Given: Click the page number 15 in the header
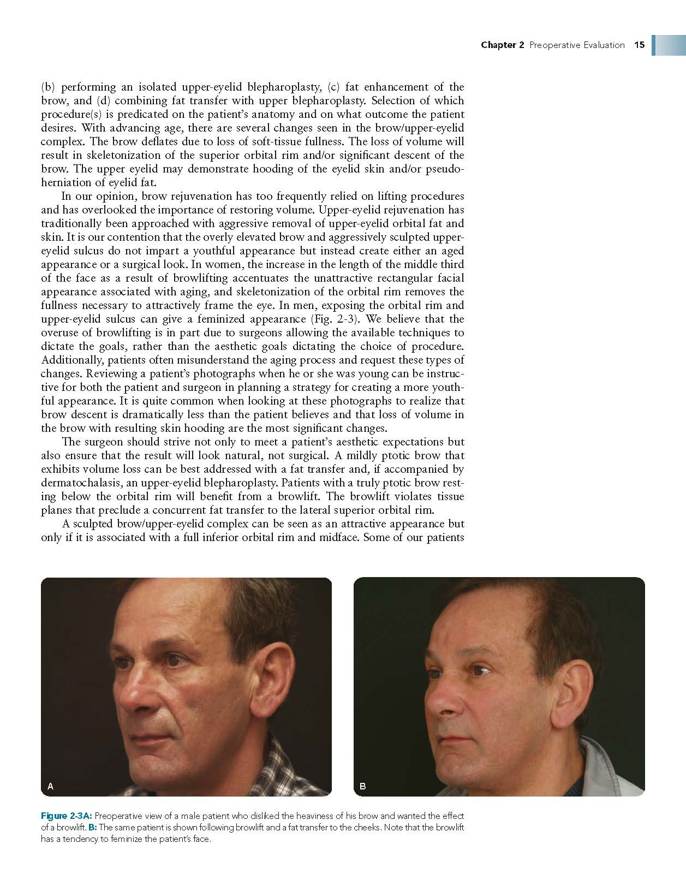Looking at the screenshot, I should tap(640, 45).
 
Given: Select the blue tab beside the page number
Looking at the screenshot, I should tap(668, 45).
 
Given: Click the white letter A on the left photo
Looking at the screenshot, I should tap(50, 786).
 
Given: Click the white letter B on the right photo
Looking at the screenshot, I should tap(363, 786).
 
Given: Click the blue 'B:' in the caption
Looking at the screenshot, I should tap(92, 827).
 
